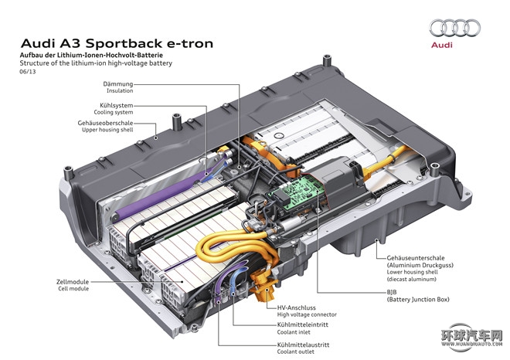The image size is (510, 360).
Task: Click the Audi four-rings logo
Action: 454,29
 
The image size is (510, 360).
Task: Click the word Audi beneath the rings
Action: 454,46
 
